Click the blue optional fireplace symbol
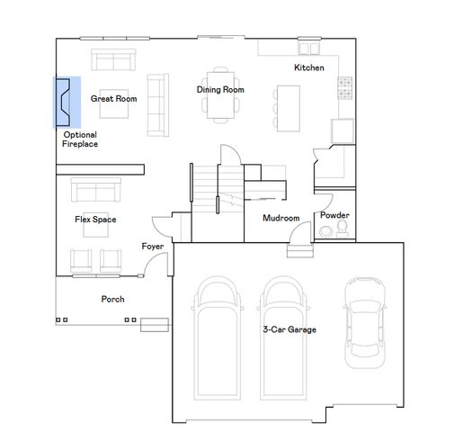[x=67, y=102]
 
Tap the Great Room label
[x=113, y=99]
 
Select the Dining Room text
[x=220, y=89]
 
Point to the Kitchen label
[x=309, y=68]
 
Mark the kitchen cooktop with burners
[x=343, y=86]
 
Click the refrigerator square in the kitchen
[x=343, y=131]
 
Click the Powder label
[x=334, y=215]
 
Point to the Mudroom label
[x=280, y=218]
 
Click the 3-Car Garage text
[x=289, y=329]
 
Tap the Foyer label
[x=152, y=246]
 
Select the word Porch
[x=112, y=299]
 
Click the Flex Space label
[x=94, y=219]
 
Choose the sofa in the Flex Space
[x=95, y=191]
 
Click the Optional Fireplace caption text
[x=80, y=139]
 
